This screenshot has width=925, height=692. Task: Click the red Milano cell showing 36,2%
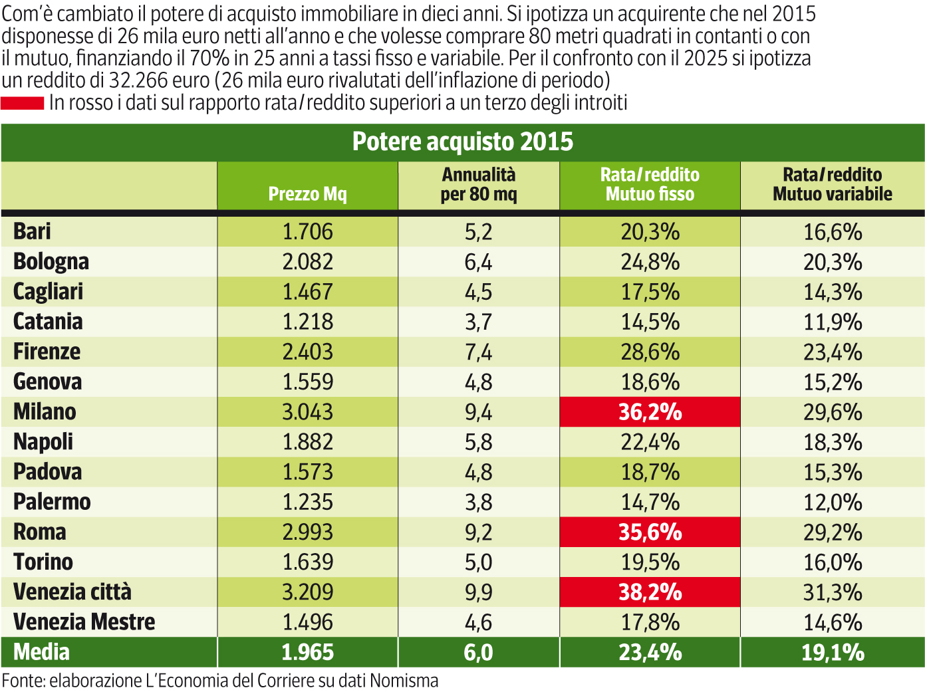point(650,412)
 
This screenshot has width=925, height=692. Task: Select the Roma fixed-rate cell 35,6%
point(650,532)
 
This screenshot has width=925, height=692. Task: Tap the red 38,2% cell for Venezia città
point(650,592)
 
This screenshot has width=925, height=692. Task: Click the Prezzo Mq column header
point(307,193)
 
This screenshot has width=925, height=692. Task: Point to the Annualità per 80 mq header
point(478,184)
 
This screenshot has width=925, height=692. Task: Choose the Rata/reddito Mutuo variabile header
point(832,184)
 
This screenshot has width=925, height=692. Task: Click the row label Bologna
point(51,261)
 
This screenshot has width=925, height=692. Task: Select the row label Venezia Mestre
point(84,622)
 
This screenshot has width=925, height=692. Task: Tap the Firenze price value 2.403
point(307,352)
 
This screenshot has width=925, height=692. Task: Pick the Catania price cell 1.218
point(307,322)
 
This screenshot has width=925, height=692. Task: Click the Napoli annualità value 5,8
point(478,442)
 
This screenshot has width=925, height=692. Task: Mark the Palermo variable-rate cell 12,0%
point(832,502)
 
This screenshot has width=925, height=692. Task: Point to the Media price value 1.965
point(307,652)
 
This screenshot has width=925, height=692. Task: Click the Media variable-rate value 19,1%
point(832,652)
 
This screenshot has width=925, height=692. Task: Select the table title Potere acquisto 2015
point(462,142)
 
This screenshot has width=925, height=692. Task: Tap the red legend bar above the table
point(22,103)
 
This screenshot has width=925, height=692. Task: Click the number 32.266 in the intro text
point(139,80)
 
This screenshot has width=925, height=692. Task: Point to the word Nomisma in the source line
point(404,681)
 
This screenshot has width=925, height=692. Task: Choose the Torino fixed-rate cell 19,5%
point(650,562)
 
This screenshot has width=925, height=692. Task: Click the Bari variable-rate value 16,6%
point(832,231)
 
